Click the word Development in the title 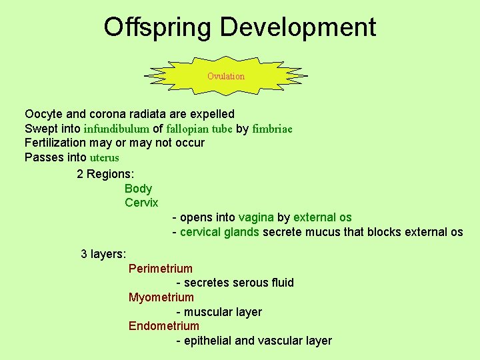tap(297, 27)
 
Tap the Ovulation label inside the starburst tap(226, 76)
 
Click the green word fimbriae tap(272, 129)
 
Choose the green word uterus tap(104, 157)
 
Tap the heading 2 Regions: tap(105, 174)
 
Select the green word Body tap(138, 189)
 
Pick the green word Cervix tap(141, 203)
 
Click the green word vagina tap(256, 217)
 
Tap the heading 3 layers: tap(103, 254)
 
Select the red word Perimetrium tap(160, 269)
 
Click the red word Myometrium tap(161, 297)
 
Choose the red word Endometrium tap(163, 326)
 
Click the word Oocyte tap(43, 114)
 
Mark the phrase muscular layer tap(223, 312)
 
